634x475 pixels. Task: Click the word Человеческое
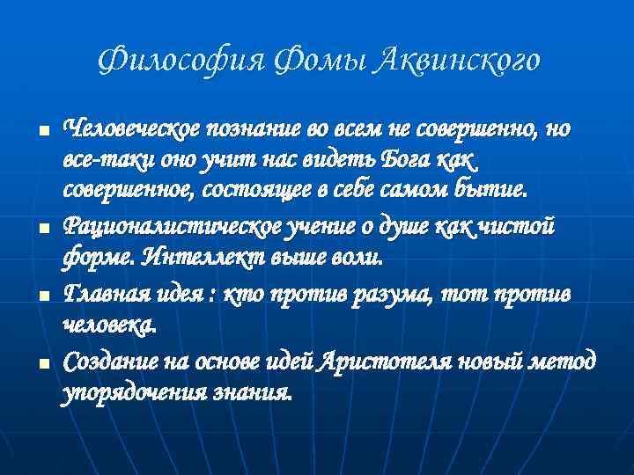point(130,130)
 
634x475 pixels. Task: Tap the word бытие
point(496,190)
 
